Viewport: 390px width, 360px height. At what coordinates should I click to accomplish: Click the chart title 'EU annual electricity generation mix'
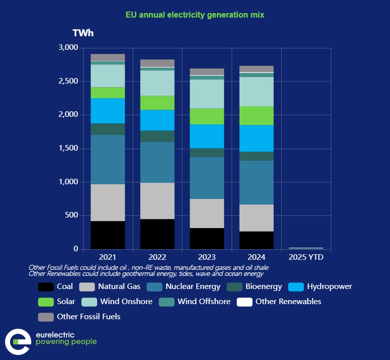[x=195, y=15]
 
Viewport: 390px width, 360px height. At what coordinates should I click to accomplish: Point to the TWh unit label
[x=83, y=33]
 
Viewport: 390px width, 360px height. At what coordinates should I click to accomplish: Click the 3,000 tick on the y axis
[x=68, y=48]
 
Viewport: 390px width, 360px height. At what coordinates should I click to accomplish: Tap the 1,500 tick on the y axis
[x=68, y=149]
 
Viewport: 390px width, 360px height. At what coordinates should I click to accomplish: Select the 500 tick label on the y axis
[x=72, y=215]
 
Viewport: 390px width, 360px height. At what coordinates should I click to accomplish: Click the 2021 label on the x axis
[x=108, y=257]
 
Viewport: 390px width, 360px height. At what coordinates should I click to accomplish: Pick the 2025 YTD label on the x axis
[x=306, y=257]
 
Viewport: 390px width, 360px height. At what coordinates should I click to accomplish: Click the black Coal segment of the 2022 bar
[x=157, y=234]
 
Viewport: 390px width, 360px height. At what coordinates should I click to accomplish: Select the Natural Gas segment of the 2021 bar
[x=108, y=202]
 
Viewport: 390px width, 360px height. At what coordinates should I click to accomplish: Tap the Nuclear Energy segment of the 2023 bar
[x=206, y=178]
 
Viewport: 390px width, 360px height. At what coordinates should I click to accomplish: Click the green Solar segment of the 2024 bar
[x=256, y=115]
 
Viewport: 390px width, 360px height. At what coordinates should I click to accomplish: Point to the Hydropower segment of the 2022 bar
[x=157, y=120]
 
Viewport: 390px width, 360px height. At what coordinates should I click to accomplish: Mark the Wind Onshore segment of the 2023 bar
[x=206, y=94]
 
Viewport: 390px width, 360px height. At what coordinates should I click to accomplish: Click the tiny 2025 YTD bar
[x=306, y=248]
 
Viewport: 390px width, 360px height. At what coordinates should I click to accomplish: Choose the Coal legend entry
[x=56, y=287]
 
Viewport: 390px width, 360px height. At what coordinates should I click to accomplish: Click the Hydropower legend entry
[x=320, y=287]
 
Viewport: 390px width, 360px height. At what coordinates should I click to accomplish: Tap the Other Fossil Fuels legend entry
[x=80, y=317]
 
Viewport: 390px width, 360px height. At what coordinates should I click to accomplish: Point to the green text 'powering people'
[x=66, y=342]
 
